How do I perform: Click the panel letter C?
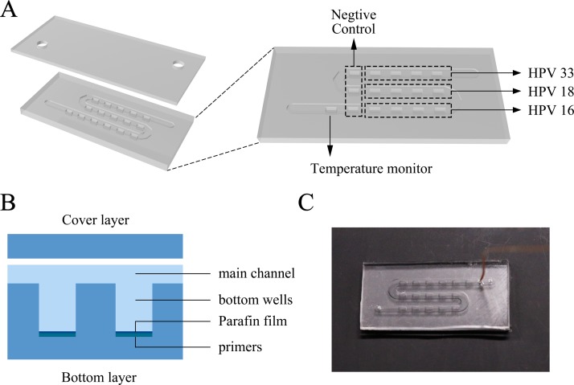pos(306,202)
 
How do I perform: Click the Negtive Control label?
pos(354,26)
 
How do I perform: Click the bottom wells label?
pos(249,300)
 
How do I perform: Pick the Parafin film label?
pos(248,324)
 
